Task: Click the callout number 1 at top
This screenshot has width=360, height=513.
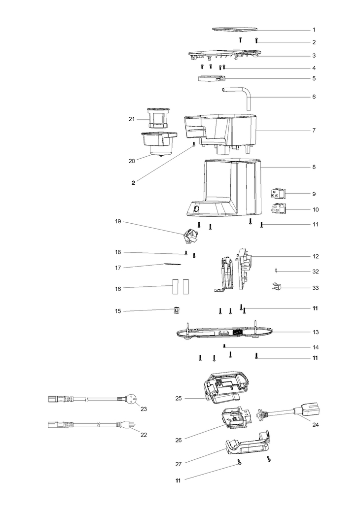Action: (x=314, y=30)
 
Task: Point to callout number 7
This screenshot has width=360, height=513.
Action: (x=314, y=131)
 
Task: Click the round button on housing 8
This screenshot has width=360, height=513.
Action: (x=196, y=209)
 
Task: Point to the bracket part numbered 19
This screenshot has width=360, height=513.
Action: (x=190, y=237)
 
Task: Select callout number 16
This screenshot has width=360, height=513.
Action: (x=117, y=288)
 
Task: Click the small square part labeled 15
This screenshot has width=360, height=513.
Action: (x=177, y=310)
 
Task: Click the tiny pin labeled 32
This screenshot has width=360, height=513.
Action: (x=278, y=270)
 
